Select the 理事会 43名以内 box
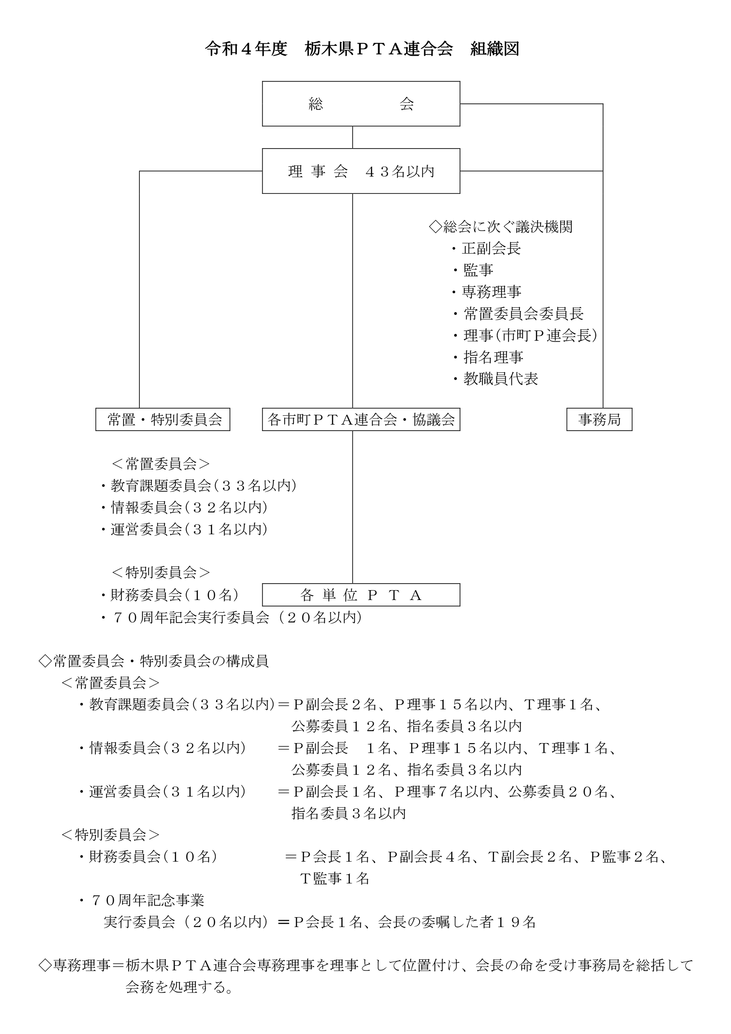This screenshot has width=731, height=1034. [361, 171]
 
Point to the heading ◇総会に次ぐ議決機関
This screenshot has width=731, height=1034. [501, 227]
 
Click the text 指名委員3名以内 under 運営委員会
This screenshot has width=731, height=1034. [349, 813]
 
